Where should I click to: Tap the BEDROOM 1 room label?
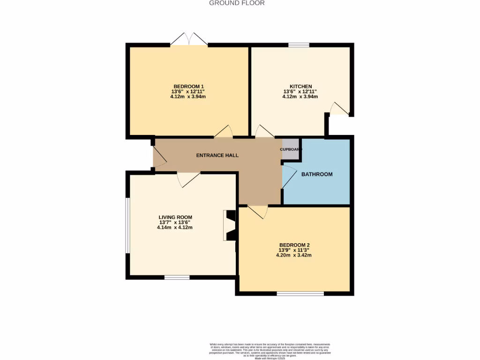tap(188, 87)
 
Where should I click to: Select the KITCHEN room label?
tap(300, 87)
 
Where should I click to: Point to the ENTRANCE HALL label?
tap(217, 155)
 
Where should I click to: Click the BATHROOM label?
tap(317, 174)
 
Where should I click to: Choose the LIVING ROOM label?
tap(175, 217)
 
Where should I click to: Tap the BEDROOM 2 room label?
tap(294, 245)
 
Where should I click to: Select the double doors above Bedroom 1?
tap(188, 39)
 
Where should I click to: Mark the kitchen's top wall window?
tap(299, 45)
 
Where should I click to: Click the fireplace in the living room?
tap(231, 225)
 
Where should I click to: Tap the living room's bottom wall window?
tap(177, 277)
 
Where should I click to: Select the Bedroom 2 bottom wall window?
tap(300, 294)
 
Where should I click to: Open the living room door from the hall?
tap(188, 179)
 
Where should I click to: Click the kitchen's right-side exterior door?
tap(340, 109)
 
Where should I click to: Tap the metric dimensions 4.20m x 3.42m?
tap(295, 255)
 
